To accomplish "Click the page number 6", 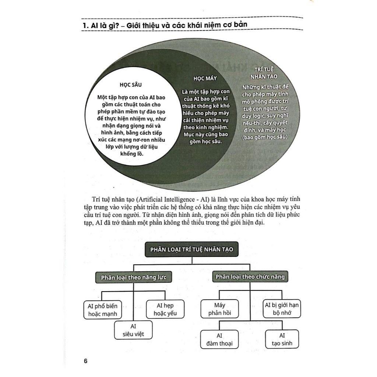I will tap(85, 360).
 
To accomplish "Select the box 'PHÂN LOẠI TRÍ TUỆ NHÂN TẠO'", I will tap(191, 249).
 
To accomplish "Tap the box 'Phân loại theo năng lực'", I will tap(131, 277).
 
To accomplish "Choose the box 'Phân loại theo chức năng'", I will tap(250, 276).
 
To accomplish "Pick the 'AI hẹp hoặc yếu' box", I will tap(165, 309).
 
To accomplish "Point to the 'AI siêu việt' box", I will tap(133, 330).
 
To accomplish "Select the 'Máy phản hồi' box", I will tap(219, 309).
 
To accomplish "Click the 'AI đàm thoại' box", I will tap(219, 339).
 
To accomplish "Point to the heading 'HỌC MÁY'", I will tap(205, 78).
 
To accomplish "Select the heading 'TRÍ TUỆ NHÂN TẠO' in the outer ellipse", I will tap(264, 73).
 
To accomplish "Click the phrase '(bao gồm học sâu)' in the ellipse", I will tap(264, 137).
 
